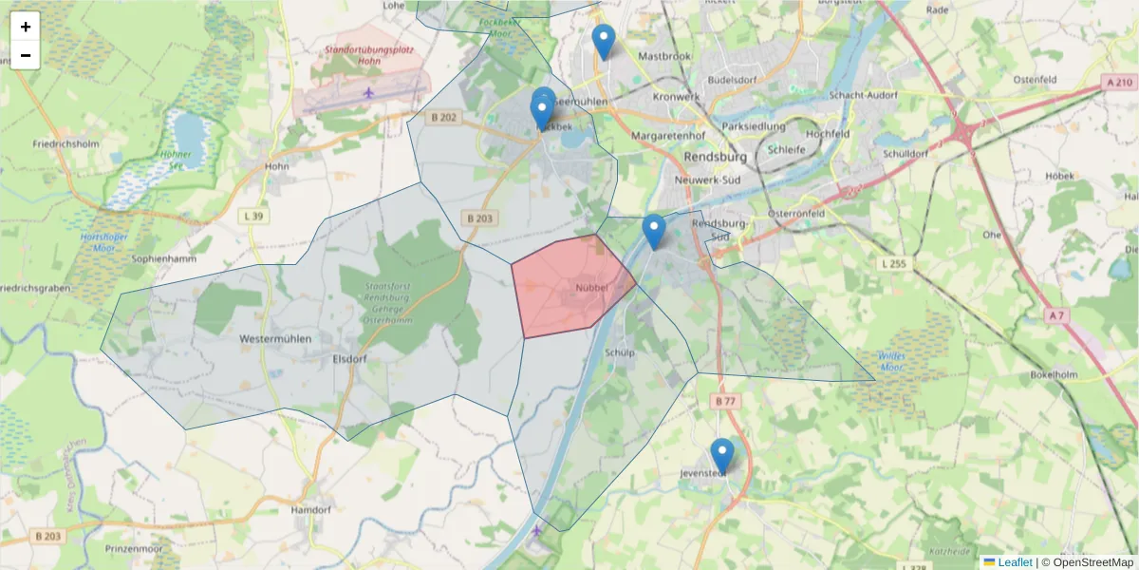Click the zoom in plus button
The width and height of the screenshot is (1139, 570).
coord(26,27)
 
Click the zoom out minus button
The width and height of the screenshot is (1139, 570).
coord(26,55)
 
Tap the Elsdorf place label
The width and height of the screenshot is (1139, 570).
coord(350,359)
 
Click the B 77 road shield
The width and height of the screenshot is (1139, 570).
coord(725,402)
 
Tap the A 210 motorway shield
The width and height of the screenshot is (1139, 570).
coord(1118,83)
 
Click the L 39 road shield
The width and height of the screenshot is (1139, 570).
coord(253,217)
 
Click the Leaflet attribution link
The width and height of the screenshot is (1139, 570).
coord(1014,562)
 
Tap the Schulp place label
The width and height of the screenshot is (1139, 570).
coord(619,352)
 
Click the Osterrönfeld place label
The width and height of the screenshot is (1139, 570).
coord(798,213)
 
